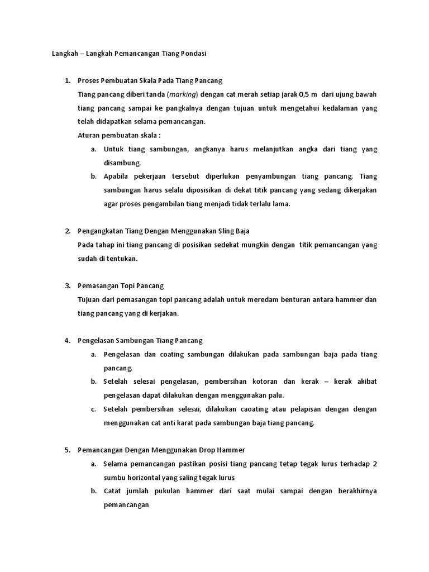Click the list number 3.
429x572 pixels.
(x=67, y=285)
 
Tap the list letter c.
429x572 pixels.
(x=93, y=409)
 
